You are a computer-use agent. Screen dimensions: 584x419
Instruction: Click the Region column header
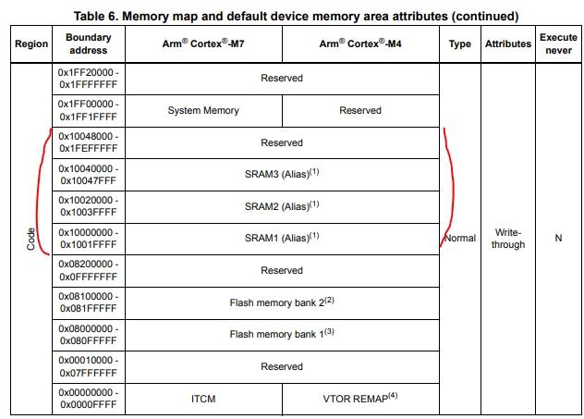coord(31,44)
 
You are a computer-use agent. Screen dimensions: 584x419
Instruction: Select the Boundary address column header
coord(89,43)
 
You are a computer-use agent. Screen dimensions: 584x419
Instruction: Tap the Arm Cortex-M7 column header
coord(203,43)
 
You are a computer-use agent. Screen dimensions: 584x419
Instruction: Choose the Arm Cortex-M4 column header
coord(360,43)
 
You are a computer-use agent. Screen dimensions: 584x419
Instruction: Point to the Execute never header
coord(558,43)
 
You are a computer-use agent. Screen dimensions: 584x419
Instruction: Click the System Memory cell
coord(203,110)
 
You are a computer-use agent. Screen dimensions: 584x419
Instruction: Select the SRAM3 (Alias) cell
coord(282,174)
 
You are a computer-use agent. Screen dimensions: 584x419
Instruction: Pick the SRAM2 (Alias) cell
coord(282,205)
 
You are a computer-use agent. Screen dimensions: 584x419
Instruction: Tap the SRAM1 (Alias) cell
coord(282,238)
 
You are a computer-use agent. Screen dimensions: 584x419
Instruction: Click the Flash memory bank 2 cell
coord(282,302)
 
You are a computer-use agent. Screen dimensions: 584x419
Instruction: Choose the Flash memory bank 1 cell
coord(282,334)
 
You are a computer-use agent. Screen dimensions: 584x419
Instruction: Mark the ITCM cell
coord(203,399)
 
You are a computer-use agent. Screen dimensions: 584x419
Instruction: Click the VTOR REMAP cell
coord(360,398)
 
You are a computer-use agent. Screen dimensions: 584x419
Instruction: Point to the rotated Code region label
coord(30,239)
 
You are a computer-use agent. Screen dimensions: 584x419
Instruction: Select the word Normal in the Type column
coord(460,238)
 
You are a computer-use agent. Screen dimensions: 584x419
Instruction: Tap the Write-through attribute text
coord(508,239)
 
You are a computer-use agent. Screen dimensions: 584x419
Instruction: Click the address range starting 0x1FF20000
coord(89,79)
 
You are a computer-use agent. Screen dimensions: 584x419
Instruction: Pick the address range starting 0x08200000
coord(89,270)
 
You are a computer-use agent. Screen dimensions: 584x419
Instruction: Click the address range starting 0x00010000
coord(89,366)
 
